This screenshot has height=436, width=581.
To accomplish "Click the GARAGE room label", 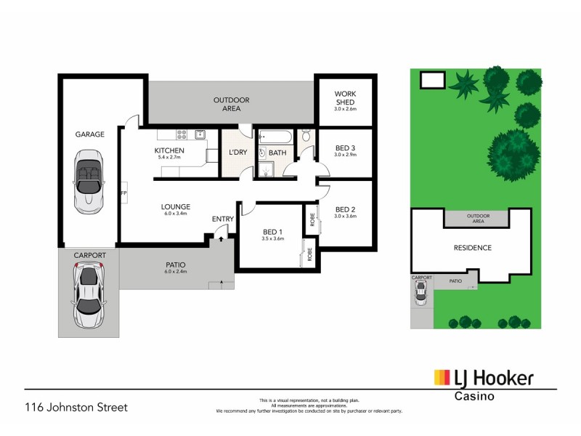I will [90, 134].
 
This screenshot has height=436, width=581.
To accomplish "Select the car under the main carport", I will [89, 296].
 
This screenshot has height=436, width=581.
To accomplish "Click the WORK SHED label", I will [346, 98].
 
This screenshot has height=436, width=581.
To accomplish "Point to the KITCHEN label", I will [171, 150].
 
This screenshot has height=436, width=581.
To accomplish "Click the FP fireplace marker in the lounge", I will [123, 193].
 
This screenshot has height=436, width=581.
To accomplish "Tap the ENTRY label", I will [222, 219].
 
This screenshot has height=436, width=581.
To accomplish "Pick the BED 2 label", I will [346, 209].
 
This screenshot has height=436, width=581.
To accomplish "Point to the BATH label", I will [277, 153].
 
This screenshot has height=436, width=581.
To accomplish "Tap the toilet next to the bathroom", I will [306, 136].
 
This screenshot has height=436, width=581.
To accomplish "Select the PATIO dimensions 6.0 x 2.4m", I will [176, 271].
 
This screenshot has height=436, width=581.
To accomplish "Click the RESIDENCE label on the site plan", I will [474, 248].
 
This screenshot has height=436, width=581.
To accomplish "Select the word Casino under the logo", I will [475, 396].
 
